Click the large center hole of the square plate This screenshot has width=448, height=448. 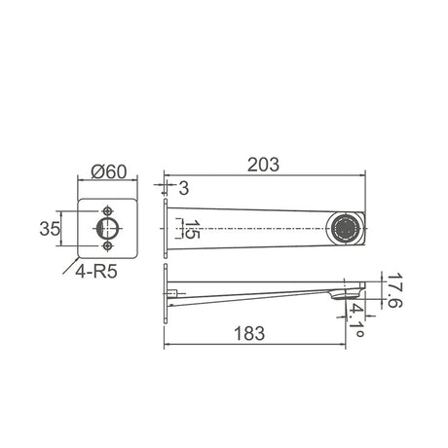[x=108, y=227]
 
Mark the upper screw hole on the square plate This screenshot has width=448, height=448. [x=108, y=208]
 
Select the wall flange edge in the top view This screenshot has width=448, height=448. [x=167, y=229]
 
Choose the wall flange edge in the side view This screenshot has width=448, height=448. [x=165, y=296]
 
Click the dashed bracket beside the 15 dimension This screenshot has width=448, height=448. [x=178, y=229]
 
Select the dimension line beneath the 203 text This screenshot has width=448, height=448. [x=263, y=179]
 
